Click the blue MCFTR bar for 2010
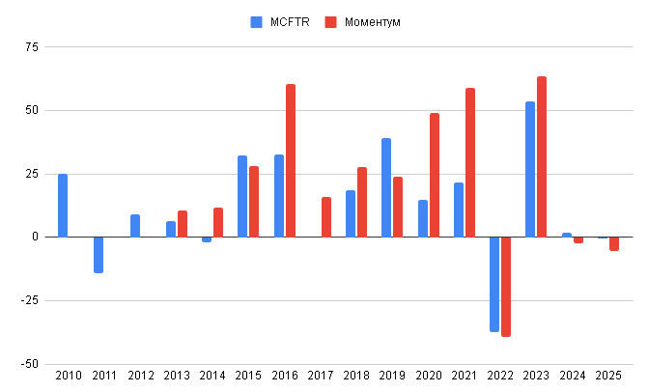tap(63, 205)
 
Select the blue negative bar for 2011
tap(99, 255)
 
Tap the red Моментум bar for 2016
tap(291, 160)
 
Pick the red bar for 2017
tap(326, 216)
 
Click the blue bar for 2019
tap(386, 187)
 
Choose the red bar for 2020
tap(435, 175)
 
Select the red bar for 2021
tap(470, 162)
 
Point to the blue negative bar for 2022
tap(494, 284)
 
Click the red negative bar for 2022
tap(506, 287)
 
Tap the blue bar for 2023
tap(530, 169)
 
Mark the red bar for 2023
tap(542, 156)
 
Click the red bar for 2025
tap(614, 243)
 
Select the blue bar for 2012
tap(135, 225)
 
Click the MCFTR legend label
tap(289, 21)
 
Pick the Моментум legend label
tap(372, 21)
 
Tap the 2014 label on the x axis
tap(212, 376)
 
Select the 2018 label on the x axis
tap(356, 376)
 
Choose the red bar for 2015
tap(254, 201)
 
